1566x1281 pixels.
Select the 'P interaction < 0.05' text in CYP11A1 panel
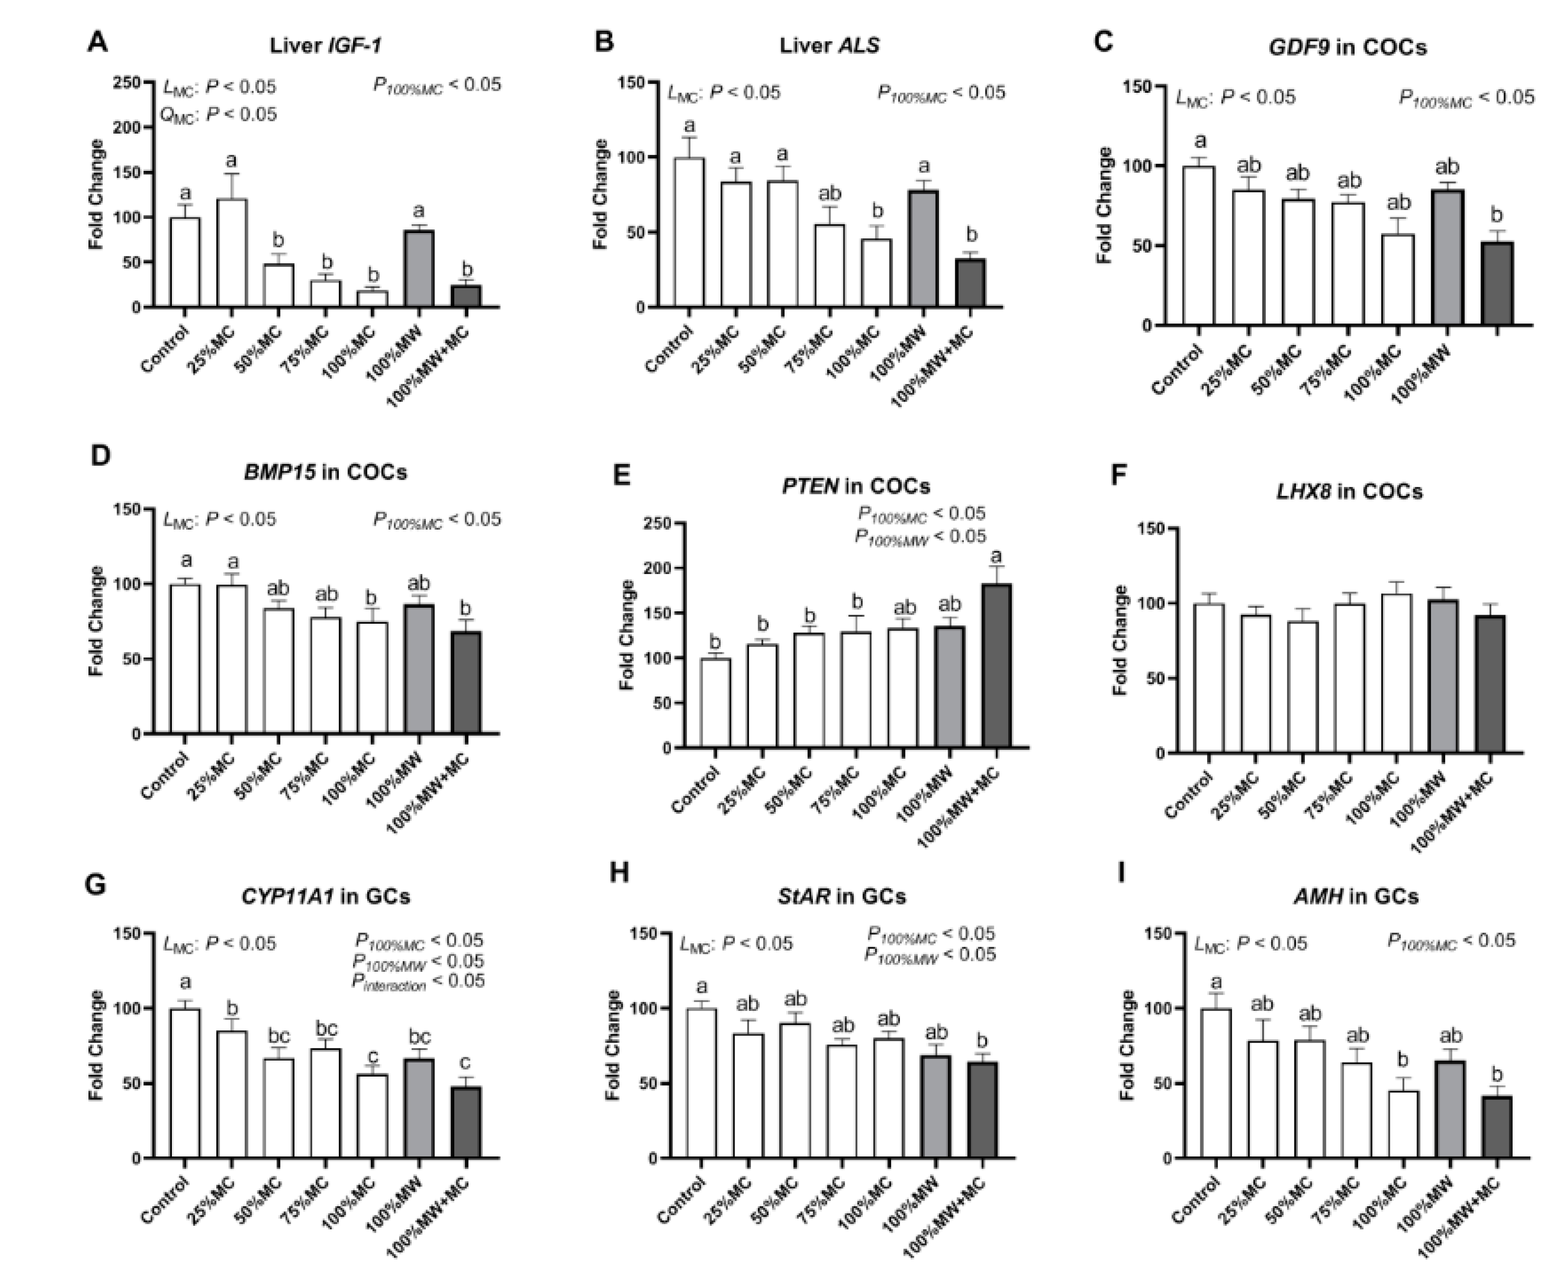tap(418, 982)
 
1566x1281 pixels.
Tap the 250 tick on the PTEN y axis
tap(668, 524)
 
